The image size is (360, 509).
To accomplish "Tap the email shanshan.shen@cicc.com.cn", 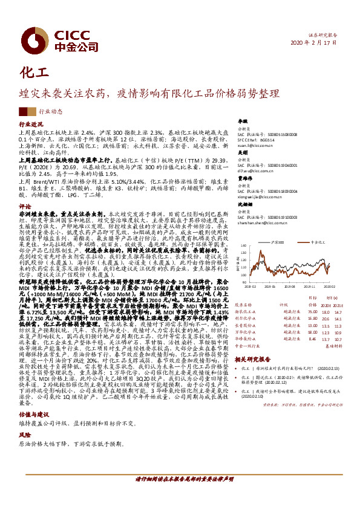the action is (x=263, y=222).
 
